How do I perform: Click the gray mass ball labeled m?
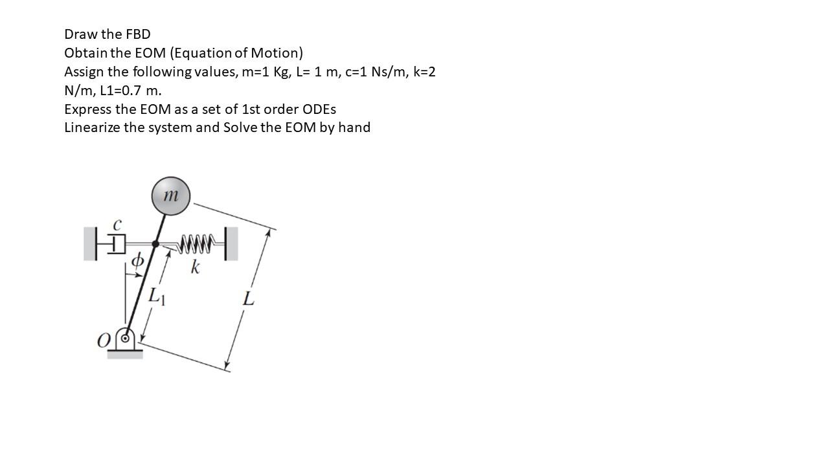click(x=170, y=196)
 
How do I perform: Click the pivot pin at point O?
click(x=126, y=338)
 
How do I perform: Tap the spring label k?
click(x=194, y=267)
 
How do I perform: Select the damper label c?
click(x=117, y=225)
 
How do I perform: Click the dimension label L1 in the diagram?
click(x=157, y=296)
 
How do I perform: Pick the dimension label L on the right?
click(x=248, y=299)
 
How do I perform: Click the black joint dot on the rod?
click(x=155, y=244)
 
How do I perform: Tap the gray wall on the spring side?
click(x=232, y=244)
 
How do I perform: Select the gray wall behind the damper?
click(x=90, y=244)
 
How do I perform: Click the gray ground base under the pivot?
click(x=124, y=354)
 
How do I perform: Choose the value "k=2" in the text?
click(x=424, y=72)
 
